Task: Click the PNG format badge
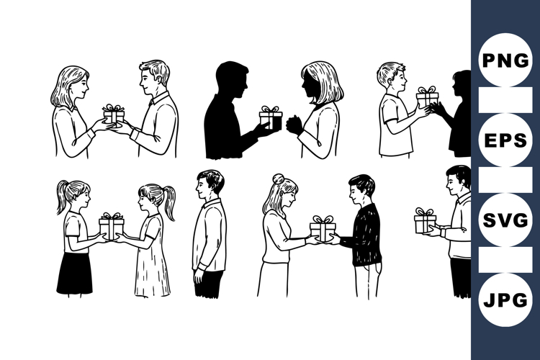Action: [x=505, y=60]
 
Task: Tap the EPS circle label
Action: [x=505, y=140]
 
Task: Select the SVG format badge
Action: [x=505, y=220]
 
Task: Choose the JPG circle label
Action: [x=505, y=300]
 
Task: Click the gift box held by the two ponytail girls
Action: [x=111, y=227]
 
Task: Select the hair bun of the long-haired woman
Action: [x=278, y=179]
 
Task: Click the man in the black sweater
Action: [x=364, y=234]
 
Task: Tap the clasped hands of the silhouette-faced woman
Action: [x=294, y=125]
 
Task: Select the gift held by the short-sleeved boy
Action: [x=427, y=96]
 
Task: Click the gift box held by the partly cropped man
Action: [x=425, y=221]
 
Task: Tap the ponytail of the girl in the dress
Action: [x=170, y=204]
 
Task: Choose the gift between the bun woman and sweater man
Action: [x=323, y=228]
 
